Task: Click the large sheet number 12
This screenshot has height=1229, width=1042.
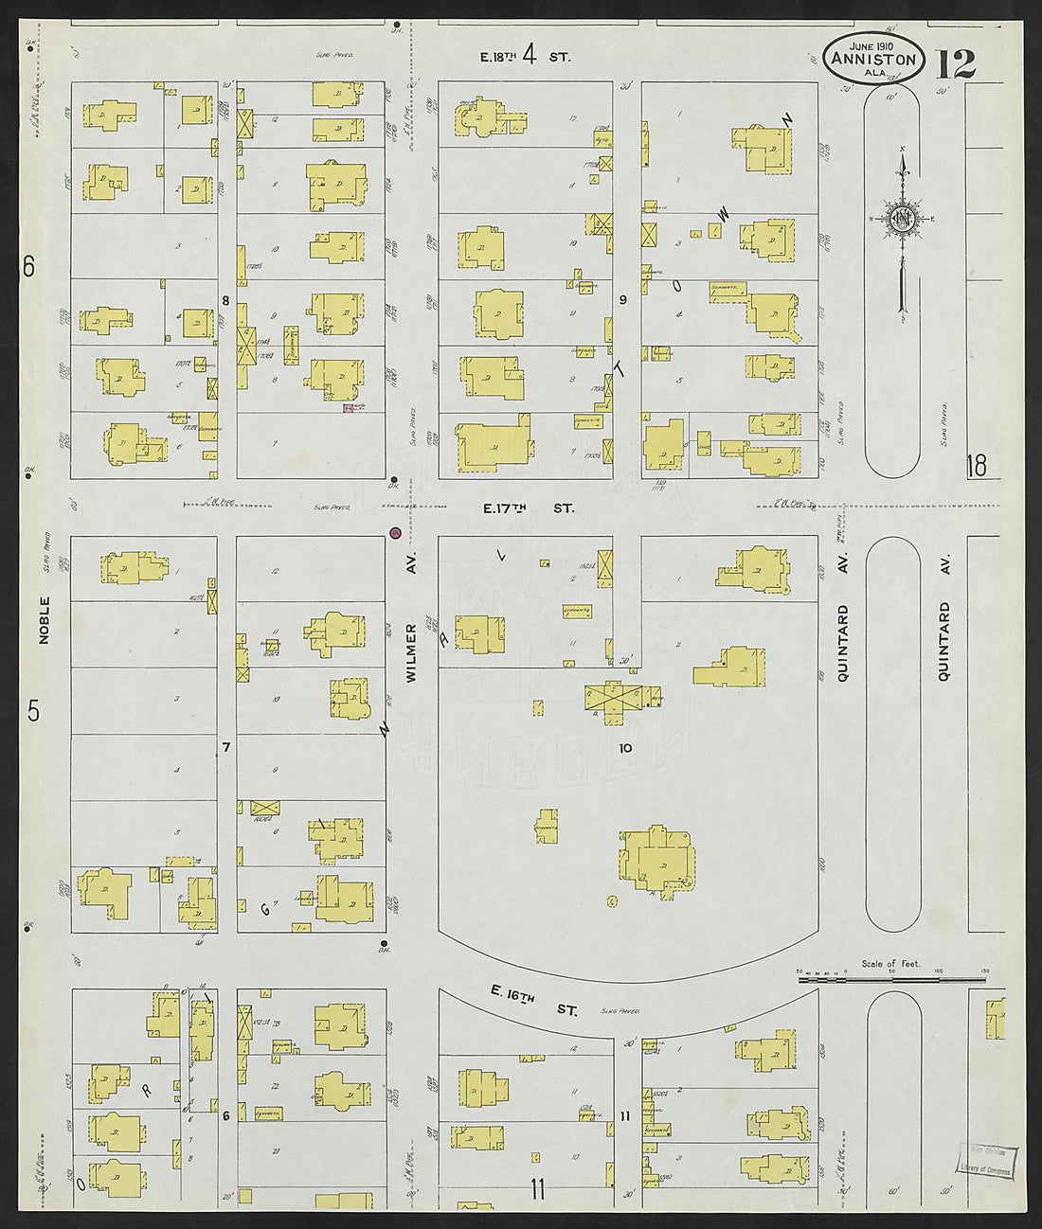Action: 957,63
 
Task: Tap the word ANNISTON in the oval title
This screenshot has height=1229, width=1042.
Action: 873,60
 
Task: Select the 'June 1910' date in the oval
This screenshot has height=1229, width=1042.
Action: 872,45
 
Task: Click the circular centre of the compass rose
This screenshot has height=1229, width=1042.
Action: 903,219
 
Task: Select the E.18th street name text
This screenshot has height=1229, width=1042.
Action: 497,57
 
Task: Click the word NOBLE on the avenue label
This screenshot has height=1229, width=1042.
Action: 44,620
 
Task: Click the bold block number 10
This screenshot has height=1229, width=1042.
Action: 625,748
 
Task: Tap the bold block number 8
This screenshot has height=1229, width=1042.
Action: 225,301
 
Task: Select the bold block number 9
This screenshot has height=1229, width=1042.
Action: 623,300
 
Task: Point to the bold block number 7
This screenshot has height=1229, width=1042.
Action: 225,748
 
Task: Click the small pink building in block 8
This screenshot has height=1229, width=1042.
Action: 348,407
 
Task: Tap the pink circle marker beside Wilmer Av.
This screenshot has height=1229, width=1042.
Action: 395,534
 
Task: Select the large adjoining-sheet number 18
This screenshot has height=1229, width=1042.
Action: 976,466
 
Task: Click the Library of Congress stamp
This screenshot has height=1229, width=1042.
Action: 989,1161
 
